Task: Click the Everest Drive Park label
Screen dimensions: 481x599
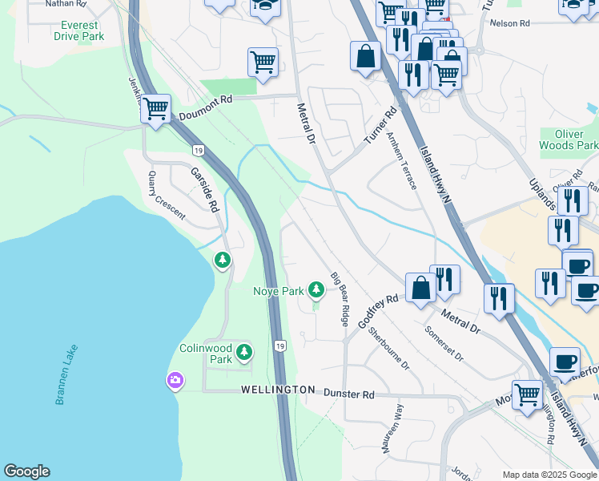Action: point(80,31)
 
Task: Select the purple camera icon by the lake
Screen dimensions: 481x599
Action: point(175,380)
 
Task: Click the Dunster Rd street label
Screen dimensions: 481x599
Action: point(349,394)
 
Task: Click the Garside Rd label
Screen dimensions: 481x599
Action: point(204,189)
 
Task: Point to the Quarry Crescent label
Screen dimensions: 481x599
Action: point(166,196)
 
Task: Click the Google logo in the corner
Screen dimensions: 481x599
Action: point(26,471)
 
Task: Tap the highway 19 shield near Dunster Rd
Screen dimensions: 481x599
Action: point(278,346)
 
